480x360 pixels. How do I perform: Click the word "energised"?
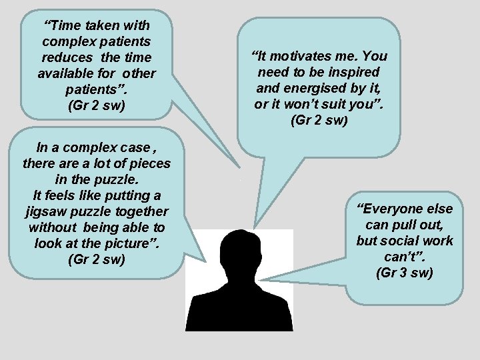click(319, 88)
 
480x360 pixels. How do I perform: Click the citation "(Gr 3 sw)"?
click(404, 272)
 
